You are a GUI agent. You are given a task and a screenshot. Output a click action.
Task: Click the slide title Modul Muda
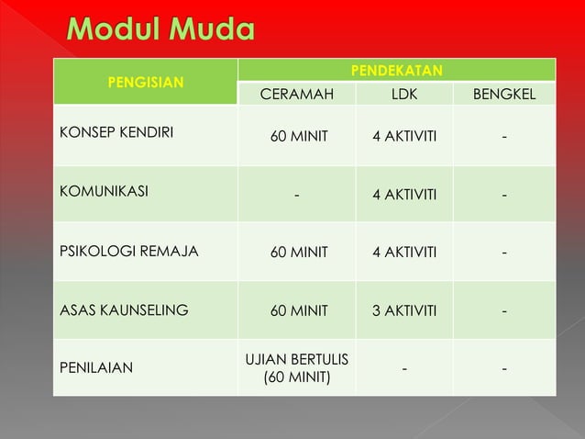click(x=160, y=30)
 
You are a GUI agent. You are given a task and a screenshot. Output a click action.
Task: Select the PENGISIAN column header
click(x=145, y=81)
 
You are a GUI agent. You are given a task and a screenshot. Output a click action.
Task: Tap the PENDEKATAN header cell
click(x=397, y=70)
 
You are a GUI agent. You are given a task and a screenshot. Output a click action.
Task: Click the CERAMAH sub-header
click(x=297, y=94)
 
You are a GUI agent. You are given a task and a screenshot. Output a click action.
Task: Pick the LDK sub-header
click(x=403, y=94)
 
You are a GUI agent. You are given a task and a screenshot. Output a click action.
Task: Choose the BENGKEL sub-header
click(x=503, y=94)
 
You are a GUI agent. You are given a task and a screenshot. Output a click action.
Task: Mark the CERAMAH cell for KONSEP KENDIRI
click(x=297, y=138)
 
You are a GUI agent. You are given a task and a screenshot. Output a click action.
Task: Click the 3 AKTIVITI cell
click(x=403, y=310)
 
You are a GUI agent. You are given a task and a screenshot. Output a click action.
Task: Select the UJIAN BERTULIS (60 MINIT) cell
click(x=297, y=367)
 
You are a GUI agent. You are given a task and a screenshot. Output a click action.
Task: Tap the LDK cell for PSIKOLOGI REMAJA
click(x=403, y=252)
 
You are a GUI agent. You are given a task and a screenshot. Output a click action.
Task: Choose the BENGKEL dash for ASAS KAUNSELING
click(x=503, y=310)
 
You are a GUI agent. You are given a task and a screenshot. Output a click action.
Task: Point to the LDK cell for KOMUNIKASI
click(x=403, y=194)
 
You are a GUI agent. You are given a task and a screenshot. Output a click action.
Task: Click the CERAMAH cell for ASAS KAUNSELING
click(x=297, y=310)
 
